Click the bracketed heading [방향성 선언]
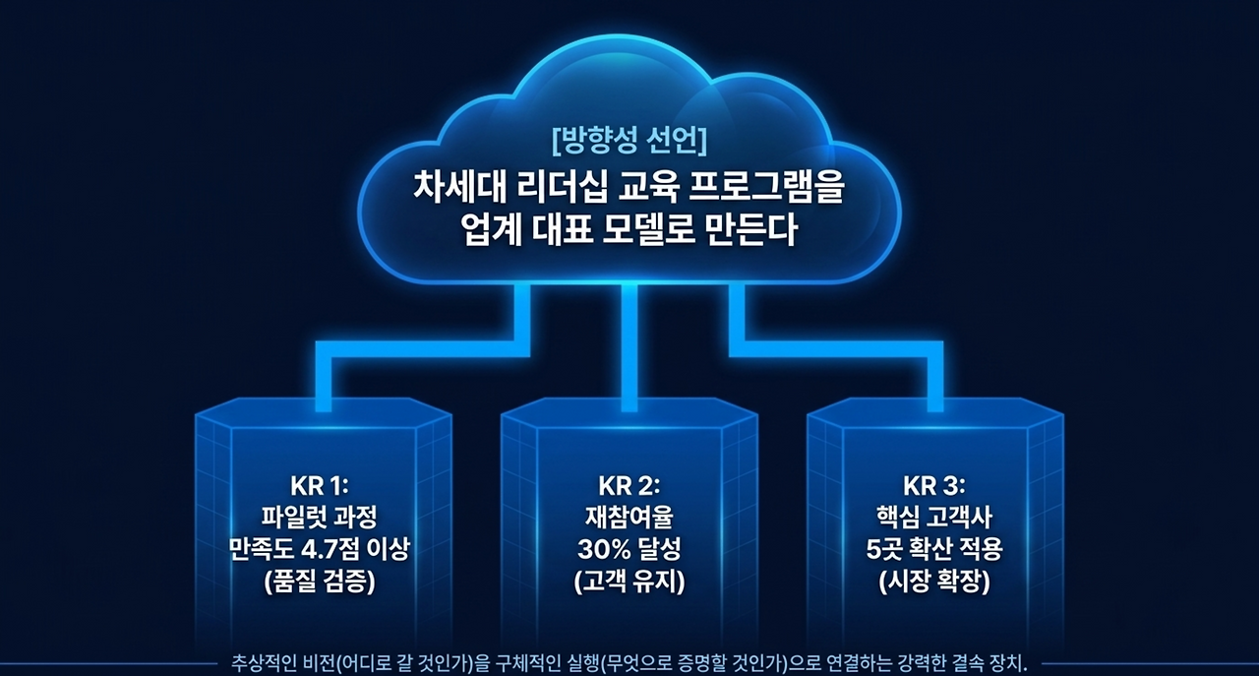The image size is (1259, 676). (629, 141)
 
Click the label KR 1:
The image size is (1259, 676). (321, 484)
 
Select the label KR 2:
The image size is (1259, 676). (629, 484)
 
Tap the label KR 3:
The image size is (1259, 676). (934, 484)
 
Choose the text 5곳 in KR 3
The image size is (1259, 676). (883, 548)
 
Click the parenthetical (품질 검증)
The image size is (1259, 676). (321, 581)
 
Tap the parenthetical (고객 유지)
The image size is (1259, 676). (629, 581)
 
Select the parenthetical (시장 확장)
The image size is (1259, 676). (934, 581)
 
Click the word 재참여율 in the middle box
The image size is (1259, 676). (629, 516)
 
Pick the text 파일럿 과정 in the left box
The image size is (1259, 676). (321, 516)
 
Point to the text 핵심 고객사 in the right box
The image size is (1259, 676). (934, 516)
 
